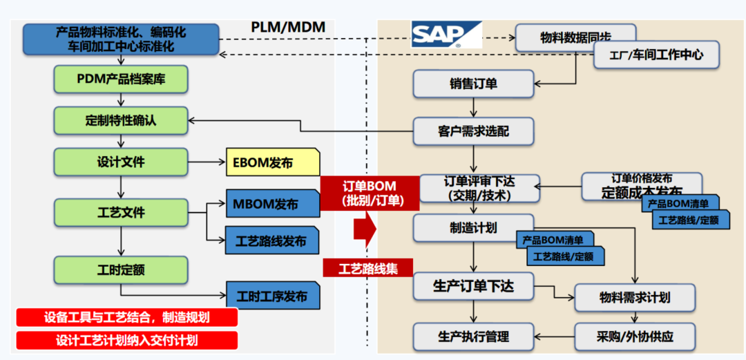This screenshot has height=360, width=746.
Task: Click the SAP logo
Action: [446, 34]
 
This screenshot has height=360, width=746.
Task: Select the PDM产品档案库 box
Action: [121, 79]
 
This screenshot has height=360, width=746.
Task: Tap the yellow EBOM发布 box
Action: [272, 163]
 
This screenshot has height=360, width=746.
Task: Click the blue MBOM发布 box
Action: [272, 205]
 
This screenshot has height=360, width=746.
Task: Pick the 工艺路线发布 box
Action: [272, 241]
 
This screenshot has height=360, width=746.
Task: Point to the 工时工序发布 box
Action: [272, 296]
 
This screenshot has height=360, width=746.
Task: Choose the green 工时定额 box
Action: [121, 269]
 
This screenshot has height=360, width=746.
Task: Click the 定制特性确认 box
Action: [121, 120]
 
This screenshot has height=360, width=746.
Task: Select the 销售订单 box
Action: [473, 84]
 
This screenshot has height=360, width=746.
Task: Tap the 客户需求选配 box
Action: [473, 130]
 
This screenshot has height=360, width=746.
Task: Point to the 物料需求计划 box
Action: [634, 298]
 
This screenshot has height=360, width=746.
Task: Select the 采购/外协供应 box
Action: [634, 337]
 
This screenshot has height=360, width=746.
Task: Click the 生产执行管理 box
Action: [473, 337]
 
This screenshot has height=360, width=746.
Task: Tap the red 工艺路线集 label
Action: [368, 267]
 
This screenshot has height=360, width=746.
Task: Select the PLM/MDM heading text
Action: [288, 27]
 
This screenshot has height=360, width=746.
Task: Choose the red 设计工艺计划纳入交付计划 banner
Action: [127, 340]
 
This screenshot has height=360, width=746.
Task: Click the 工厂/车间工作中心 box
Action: [657, 55]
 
